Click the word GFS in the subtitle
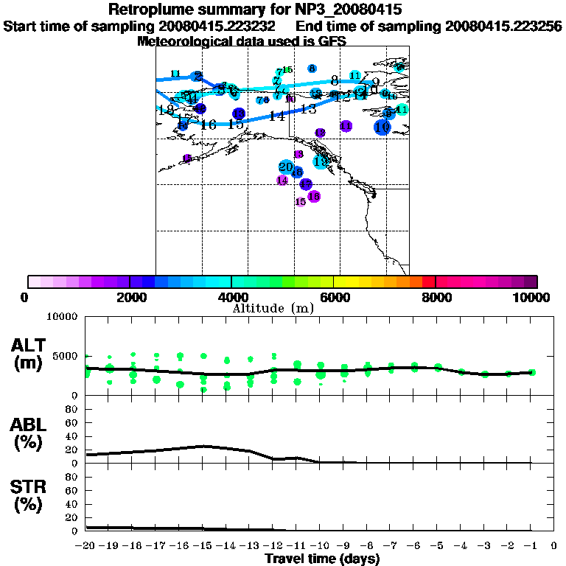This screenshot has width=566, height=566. pyautogui.click(x=332, y=41)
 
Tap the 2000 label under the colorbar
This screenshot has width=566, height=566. pyautogui.click(x=129, y=297)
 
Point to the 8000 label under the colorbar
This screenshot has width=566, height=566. pyautogui.click(x=436, y=297)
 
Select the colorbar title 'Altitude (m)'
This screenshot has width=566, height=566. pyautogui.click(x=273, y=307)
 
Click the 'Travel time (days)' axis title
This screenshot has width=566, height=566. pyautogui.click(x=322, y=559)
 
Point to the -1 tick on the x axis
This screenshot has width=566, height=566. pyautogui.click(x=531, y=546)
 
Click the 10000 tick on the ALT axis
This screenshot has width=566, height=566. pyautogui.click(x=61, y=318)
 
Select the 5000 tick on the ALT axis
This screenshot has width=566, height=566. pyautogui.click(x=65, y=355)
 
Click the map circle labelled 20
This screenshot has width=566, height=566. pyautogui.click(x=286, y=167)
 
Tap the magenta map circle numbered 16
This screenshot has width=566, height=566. pyautogui.click(x=313, y=196)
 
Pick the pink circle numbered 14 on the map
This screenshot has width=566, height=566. pyautogui.click(x=282, y=180)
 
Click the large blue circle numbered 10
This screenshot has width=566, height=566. pyautogui.click(x=382, y=127)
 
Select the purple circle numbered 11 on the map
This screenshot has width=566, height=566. pyautogui.click(x=346, y=126)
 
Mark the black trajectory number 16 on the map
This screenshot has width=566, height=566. pyautogui.click(x=209, y=125)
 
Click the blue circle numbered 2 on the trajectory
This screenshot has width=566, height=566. pyautogui.click(x=198, y=77)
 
